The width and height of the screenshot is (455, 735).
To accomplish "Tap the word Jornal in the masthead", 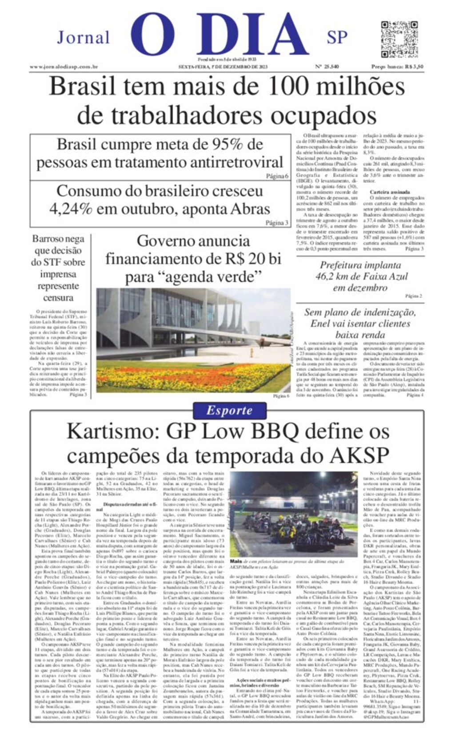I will (83, 37).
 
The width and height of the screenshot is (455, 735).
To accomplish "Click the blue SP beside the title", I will (337, 38).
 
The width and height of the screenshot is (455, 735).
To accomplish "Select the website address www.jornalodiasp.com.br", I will (64, 67).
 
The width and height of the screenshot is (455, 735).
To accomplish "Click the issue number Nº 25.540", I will (327, 67).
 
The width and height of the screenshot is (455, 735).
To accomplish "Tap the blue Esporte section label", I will (229, 410).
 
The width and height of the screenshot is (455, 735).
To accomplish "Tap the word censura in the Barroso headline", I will (58, 297).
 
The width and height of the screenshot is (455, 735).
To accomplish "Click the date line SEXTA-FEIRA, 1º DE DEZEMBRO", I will (223, 67).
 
